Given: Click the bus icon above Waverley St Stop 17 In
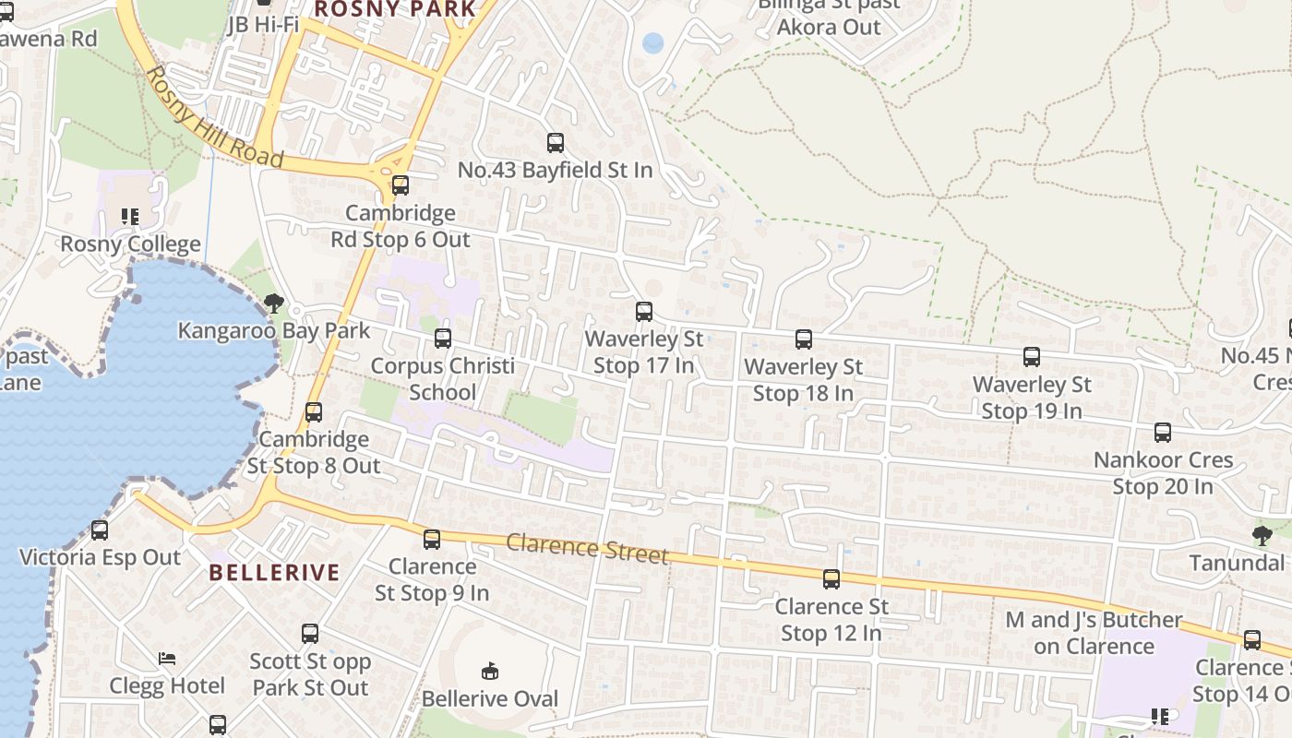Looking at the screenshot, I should coord(644,312).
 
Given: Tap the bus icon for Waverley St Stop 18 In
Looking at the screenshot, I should coord(804,339).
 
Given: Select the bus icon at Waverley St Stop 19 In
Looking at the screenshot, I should coord(1032,357).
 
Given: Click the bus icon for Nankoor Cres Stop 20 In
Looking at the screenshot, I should coord(1163,433).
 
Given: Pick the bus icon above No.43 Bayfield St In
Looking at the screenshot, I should coord(556,143).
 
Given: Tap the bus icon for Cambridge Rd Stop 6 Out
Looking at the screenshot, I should coord(401,185).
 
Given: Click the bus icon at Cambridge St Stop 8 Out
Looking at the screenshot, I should coord(314,412).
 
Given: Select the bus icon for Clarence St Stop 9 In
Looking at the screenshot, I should coord(432,540).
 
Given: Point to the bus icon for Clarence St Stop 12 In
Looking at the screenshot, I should coord(831,579).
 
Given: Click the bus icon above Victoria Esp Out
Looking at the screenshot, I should coord(100,530).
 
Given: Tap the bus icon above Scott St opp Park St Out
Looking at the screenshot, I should coord(310,634).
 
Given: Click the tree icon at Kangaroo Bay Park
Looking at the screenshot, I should coord(273,304).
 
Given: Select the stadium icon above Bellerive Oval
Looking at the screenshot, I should coord(490,671).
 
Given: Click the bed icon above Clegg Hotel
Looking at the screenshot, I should coord(167,659).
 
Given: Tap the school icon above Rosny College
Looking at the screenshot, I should coord(130,217).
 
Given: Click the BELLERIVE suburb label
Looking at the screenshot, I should coord(274,572).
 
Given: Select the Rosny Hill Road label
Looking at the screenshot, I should coord(214,117).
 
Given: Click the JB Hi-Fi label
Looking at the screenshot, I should coord(263,24).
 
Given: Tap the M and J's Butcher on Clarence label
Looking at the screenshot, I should coord(1094,632).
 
